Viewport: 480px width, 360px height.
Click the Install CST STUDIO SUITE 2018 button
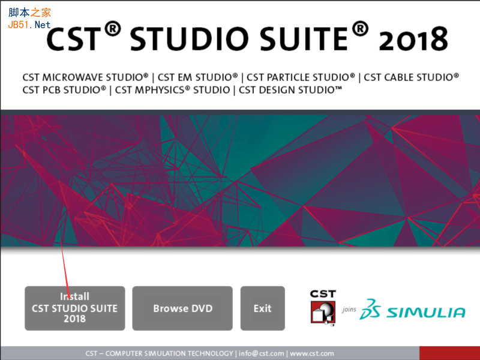pos(74,308)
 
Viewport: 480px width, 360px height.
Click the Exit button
pos(262,308)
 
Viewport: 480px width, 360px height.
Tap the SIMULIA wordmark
pos(426,312)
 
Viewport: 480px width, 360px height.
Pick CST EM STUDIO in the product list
pos(198,77)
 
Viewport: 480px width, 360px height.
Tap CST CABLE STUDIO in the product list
pos(412,77)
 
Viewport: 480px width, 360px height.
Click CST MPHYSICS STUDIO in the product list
pos(172,90)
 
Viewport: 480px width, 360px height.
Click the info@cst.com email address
pos(262,353)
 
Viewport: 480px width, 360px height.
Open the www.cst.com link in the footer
pos(312,353)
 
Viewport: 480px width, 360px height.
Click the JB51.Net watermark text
pos(29,25)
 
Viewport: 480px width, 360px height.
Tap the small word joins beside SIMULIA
pos(349,310)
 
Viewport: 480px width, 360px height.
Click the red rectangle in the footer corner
pos(449,353)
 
